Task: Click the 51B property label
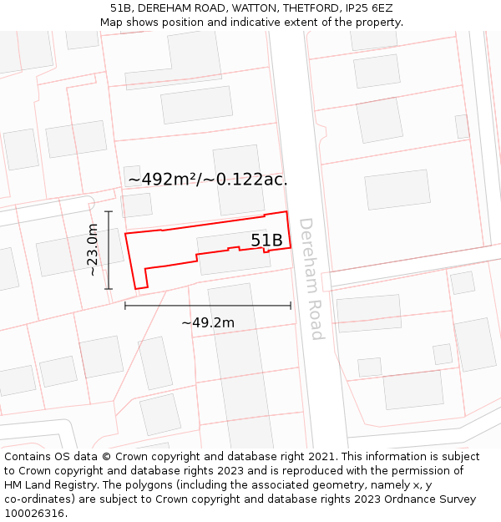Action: [x=266, y=241]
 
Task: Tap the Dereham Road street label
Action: [x=310, y=279]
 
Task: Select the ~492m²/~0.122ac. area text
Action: [x=208, y=179]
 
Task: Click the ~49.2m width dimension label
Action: [x=208, y=322]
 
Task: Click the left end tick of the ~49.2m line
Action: [x=125, y=306]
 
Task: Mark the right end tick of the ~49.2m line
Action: [x=291, y=306]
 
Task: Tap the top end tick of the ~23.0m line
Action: [x=109, y=211]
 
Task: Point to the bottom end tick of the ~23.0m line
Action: [x=109, y=289]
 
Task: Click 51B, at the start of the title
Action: [x=121, y=8]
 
